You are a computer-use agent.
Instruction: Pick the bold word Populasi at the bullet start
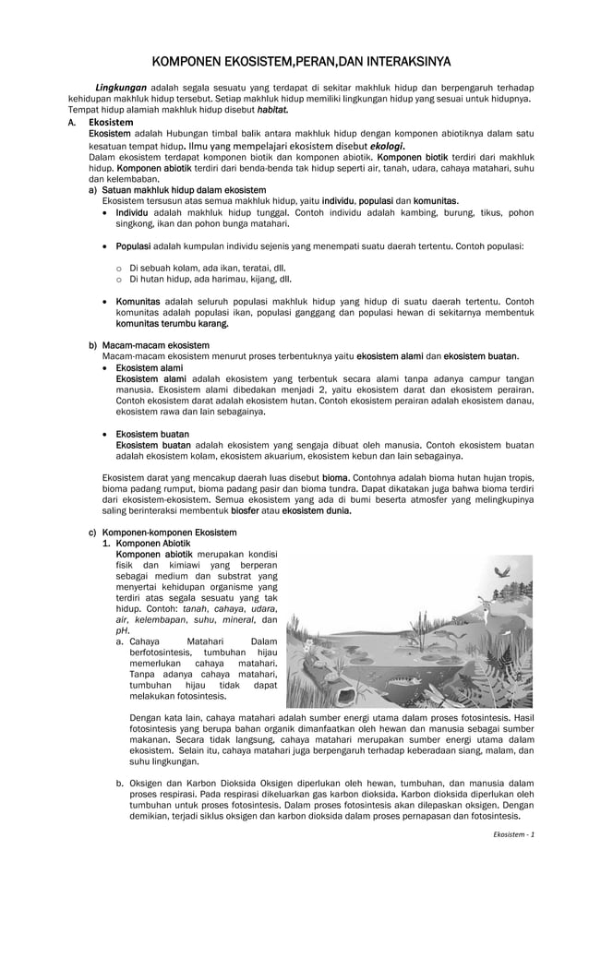coord(135,246)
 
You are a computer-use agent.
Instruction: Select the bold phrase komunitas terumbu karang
coord(172,324)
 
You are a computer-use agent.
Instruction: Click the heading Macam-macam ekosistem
coord(155,345)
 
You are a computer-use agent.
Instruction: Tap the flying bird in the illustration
coord(504,573)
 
